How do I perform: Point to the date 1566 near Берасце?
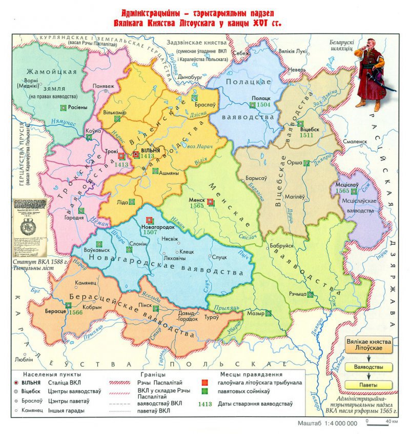(x=75, y=312)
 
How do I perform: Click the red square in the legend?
(x=204, y=383)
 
